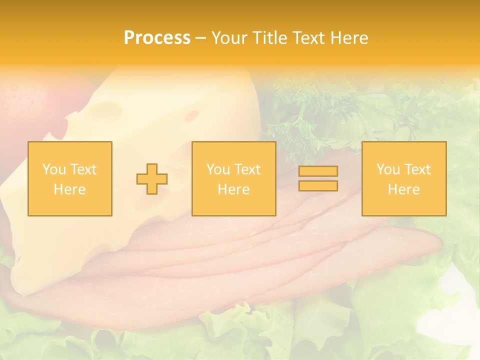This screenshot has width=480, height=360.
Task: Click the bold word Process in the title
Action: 157,38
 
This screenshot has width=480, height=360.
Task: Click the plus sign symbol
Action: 152,179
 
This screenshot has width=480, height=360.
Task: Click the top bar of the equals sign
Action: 318,171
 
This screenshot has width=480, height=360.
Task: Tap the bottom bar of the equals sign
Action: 318,185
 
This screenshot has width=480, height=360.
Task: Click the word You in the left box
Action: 54,169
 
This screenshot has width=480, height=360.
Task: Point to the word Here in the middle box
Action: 233,189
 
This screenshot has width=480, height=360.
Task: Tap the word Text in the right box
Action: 417,169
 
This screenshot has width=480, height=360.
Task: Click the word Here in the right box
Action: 404,189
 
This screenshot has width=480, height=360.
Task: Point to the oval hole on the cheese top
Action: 192,116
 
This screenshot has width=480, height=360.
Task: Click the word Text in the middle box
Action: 247,169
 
